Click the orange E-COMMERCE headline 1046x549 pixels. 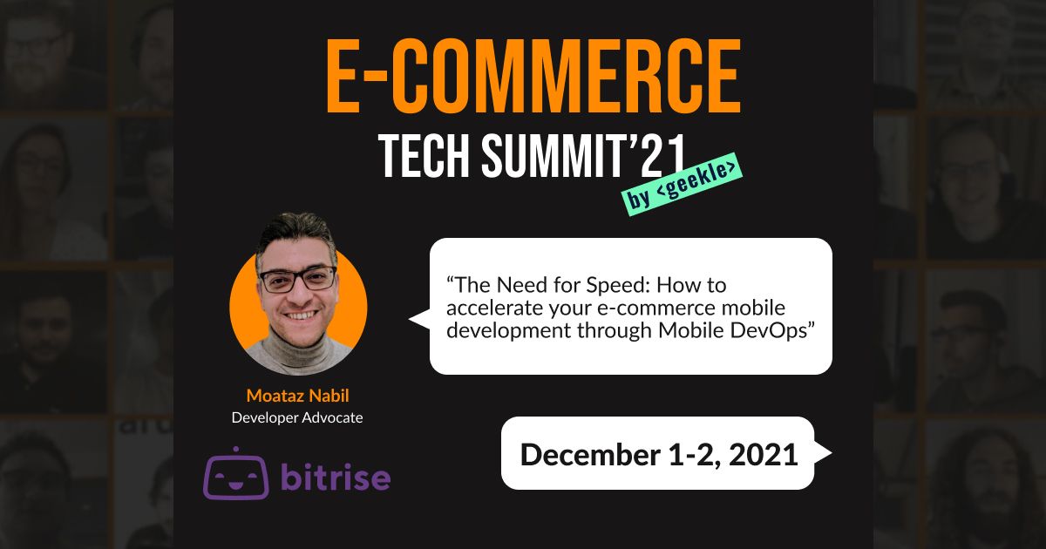[x=533, y=76]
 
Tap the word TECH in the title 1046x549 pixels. [x=424, y=156]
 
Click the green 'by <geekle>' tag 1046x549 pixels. [x=683, y=184]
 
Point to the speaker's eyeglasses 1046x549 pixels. [x=298, y=279]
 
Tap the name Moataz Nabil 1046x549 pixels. [x=297, y=396]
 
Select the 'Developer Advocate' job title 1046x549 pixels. [x=297, y=417]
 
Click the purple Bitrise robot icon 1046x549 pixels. [x=236, y=473]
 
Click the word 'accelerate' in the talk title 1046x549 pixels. [x=494, y=308]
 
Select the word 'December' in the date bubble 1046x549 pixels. [x=590, y=455]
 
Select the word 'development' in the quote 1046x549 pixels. [x=508, y=331]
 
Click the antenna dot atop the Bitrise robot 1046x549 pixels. [x=236, y=450]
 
